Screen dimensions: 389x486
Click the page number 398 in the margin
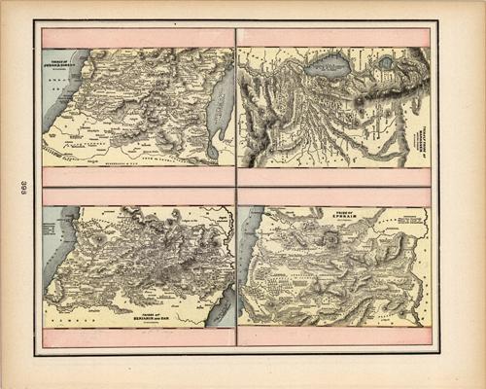pos(22,187)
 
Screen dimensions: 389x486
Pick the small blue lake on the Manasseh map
pos(386,63)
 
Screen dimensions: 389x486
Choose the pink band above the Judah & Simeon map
pos(138,38)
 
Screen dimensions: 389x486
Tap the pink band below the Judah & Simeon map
pos(138,176)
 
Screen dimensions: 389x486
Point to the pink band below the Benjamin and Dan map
pos(138,336)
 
